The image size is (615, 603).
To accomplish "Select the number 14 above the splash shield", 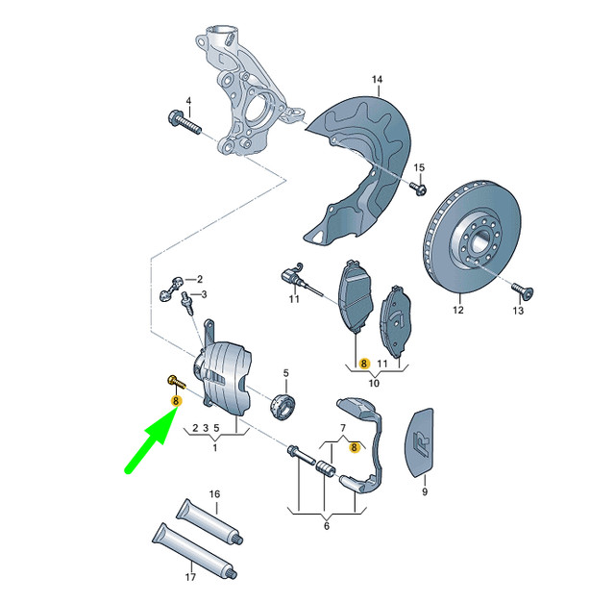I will [377, 79].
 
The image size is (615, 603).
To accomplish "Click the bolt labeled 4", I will [185, 124].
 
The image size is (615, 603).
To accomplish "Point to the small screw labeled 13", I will [519, 289].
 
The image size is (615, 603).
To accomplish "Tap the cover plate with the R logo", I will [422, 442].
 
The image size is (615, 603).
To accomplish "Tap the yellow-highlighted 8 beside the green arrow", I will [175, 400].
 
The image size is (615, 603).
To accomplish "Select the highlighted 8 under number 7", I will [355, 447].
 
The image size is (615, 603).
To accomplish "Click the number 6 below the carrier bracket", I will [326, 526].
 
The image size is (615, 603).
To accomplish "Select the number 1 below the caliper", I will [215, 447].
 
